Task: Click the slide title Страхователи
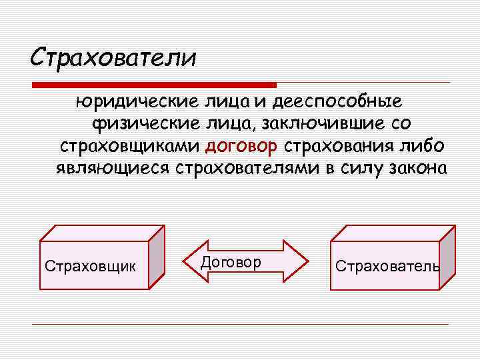[113, 57]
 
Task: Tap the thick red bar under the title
[155, 85]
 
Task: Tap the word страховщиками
[131, 145]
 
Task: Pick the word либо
[425, 145]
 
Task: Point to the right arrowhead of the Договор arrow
[298, 262]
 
